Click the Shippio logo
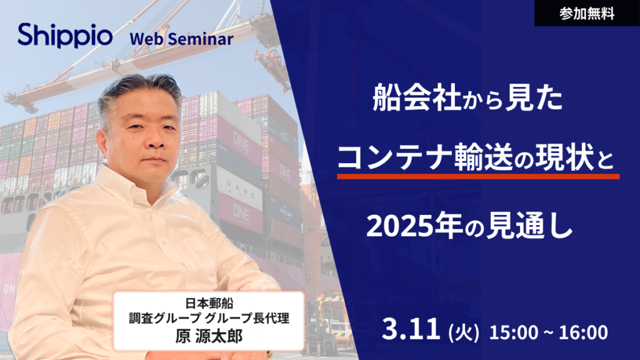[65, 36]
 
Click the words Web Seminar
[181, 39]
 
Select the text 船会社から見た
[467, 100]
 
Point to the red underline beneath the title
[478, 177]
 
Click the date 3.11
[412, 331]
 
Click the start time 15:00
[511, 332]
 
